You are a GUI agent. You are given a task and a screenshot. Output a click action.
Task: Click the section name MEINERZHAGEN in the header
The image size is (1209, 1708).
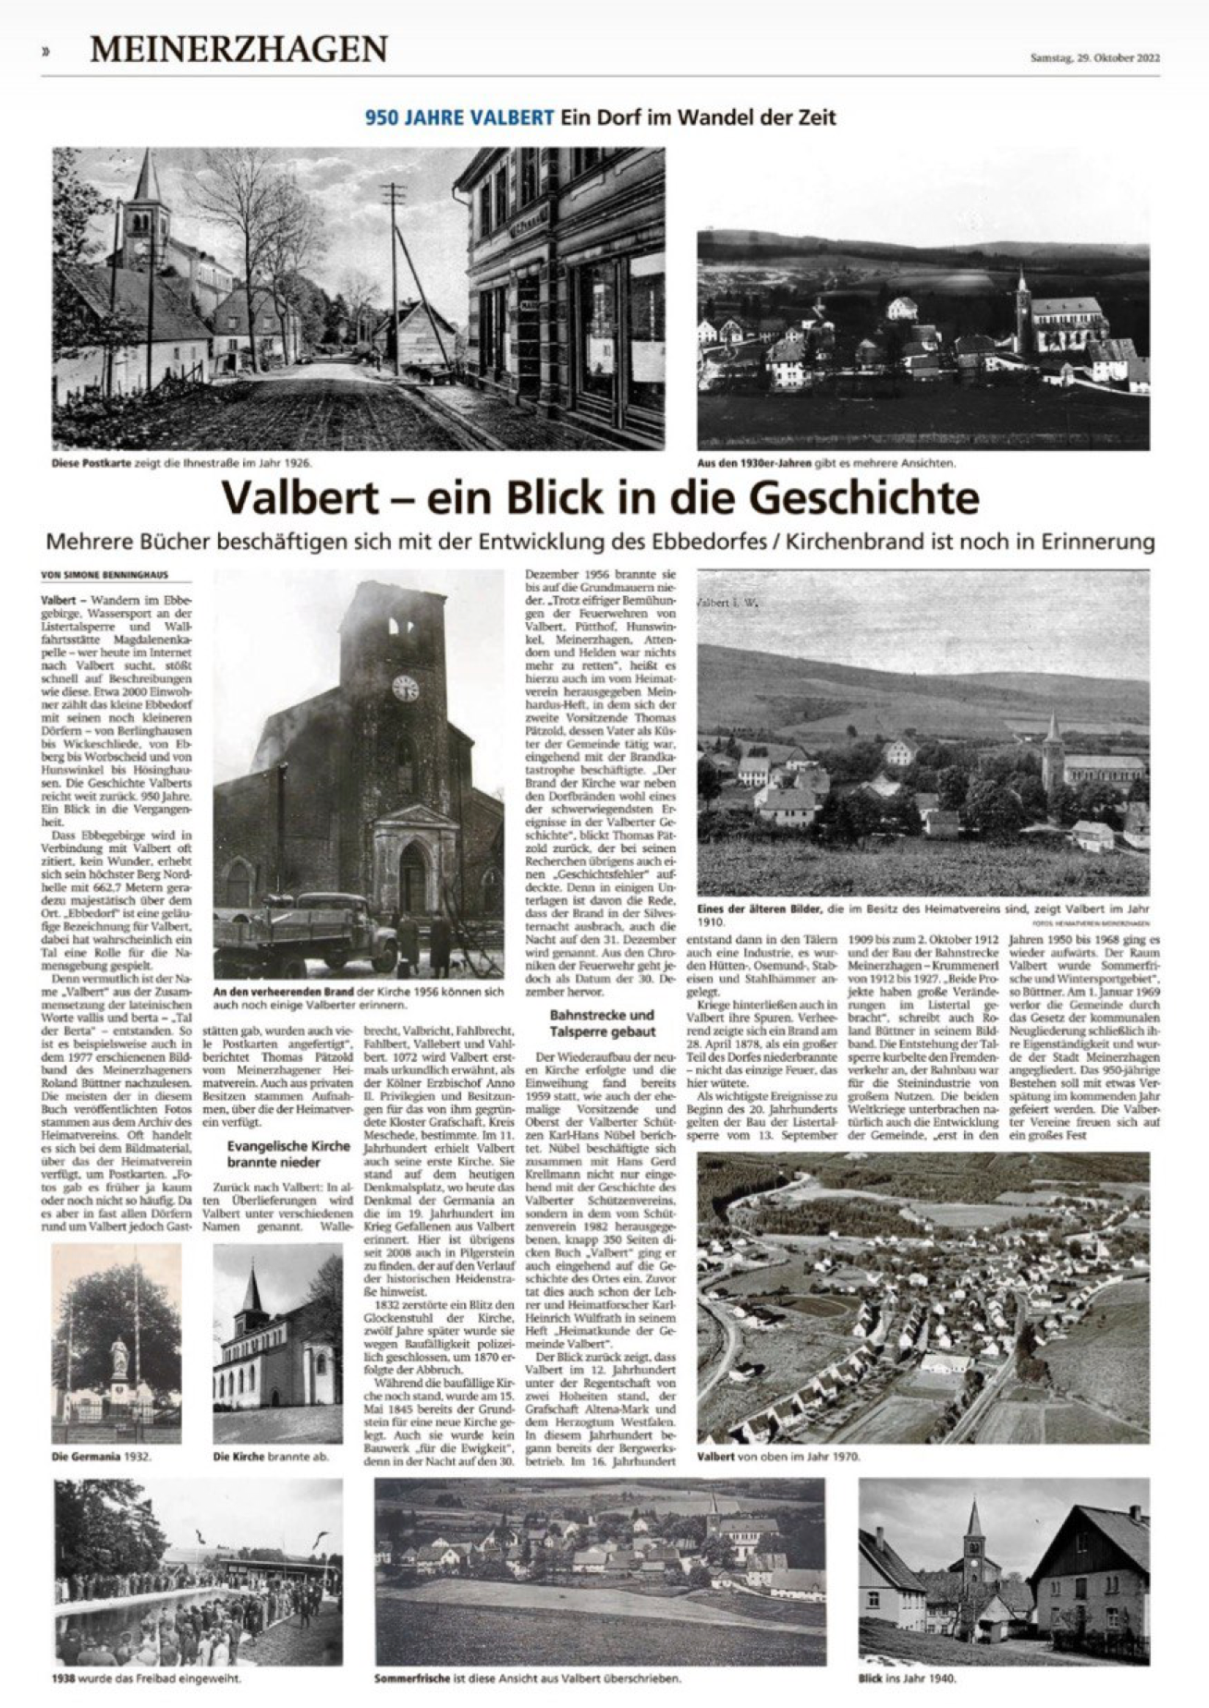coord(238,49)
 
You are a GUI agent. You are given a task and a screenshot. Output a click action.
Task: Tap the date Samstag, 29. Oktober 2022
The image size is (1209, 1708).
coord(1094,57)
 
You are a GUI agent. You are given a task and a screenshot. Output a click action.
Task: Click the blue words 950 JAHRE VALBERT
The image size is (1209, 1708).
coord(459,117)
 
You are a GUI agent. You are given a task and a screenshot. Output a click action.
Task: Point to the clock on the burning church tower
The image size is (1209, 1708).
coord(405,688)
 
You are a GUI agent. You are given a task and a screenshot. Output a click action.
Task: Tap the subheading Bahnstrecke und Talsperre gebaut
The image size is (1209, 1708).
coord(601,1023)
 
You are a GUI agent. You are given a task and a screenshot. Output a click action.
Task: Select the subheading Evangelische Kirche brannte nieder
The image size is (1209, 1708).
coord(288,1153)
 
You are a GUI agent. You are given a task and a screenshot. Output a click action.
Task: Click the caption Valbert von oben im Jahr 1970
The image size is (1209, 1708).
coord(778,1457)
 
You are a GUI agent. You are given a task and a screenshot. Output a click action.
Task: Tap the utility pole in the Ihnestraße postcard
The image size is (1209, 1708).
coord(396,277)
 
